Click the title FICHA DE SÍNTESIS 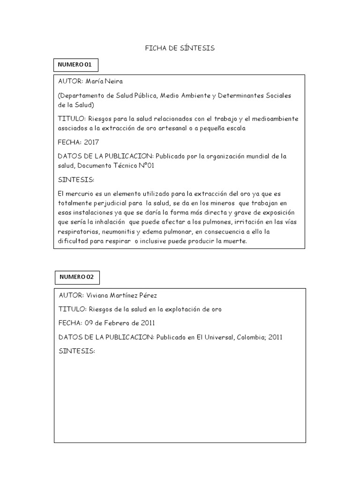pos(180,48)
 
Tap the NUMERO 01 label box pos(75,64)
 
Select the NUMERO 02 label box pos(77,277)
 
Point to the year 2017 pos(91,142)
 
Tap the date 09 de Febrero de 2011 pos(120,323)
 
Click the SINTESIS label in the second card pos(77,351)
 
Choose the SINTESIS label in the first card pos(76,180)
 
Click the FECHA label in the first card pos(69,142)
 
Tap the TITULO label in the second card pos(73,309)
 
